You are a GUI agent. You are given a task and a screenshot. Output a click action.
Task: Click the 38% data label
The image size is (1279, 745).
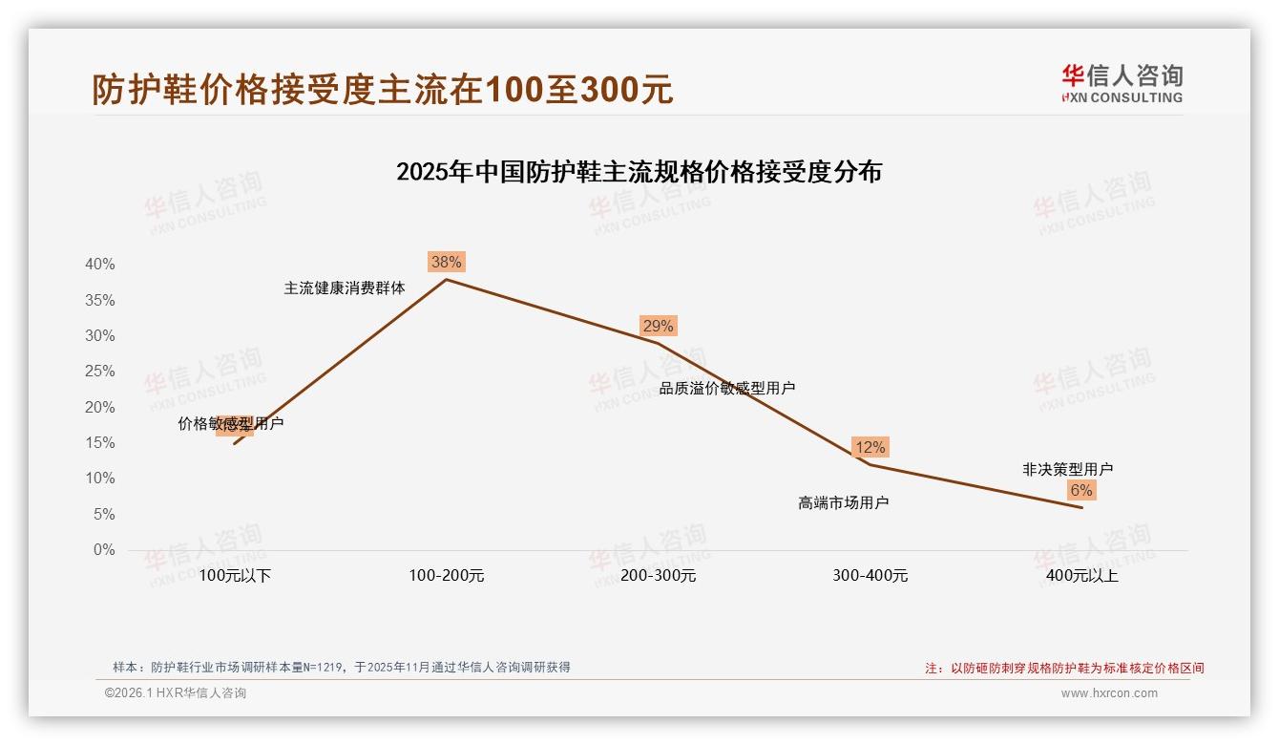[446, 262]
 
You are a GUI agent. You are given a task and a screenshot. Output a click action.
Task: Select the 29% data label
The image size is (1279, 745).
[658, 326]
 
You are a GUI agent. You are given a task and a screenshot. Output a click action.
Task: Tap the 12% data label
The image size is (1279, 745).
[870, 447]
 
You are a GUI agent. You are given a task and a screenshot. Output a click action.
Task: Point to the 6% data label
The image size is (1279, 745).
[1080, 490]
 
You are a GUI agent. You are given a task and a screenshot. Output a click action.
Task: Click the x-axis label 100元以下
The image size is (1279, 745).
[235, 576]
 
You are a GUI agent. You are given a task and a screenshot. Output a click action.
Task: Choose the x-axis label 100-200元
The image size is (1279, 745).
[447, 576]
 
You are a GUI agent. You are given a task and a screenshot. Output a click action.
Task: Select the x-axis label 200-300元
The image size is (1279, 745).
[659, 576]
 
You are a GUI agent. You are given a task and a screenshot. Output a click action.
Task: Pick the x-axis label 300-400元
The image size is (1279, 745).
[870, 576]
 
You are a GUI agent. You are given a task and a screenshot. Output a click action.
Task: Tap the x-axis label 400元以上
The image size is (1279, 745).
[1081, 576]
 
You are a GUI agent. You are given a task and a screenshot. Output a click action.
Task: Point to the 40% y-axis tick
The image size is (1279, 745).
[100, 265]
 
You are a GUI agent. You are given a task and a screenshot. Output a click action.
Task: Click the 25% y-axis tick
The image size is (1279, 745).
[100, 372]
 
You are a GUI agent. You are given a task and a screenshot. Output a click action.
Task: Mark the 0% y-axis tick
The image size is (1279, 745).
[103, 550]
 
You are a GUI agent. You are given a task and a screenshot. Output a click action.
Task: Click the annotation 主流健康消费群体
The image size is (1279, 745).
[345, 287]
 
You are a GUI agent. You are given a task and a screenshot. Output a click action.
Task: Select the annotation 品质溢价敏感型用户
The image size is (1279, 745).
[727, 388]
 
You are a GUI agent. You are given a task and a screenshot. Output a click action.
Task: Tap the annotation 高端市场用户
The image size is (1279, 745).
[843, 502]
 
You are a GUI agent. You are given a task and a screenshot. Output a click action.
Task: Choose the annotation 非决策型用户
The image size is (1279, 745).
[1067, 469]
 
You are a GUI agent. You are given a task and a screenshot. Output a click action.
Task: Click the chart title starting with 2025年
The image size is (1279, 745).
[639, 172]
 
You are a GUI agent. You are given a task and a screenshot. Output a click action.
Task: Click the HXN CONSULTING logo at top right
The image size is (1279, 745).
[1122, 84]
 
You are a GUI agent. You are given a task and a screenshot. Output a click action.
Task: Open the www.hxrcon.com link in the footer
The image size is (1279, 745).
[1109, 693]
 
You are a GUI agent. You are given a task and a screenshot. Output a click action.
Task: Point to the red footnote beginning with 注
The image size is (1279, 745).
[1064, 669]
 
